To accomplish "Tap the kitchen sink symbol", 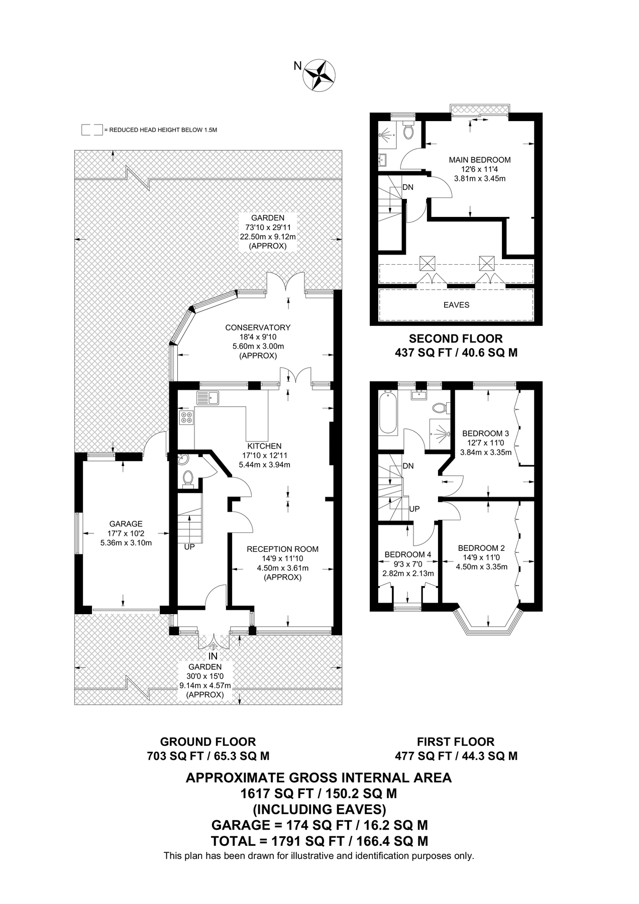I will (x=207, y=398).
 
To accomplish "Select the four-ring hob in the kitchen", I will (x=186, y=417).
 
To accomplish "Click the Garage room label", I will (x=126, y=524).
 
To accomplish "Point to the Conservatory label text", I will (x=258, y=327).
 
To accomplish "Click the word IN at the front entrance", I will (x=213, y=656).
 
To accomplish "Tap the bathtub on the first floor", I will (x=388, y=413).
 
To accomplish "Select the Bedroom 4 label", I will (x=407, y=554).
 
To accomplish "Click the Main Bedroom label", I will (x=479, y=160).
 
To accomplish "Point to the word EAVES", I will (x=456, y=305).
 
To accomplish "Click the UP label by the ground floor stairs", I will (x=189, y=546).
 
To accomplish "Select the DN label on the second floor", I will (x=408, y=187).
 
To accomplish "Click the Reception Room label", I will (x=282, y=549).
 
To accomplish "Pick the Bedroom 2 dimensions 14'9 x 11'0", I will (x=481, y=557).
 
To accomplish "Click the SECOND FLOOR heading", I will (x=456, y=338).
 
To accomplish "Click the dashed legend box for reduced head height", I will (x=92, y=130).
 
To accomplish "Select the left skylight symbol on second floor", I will (x=427, y=263).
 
